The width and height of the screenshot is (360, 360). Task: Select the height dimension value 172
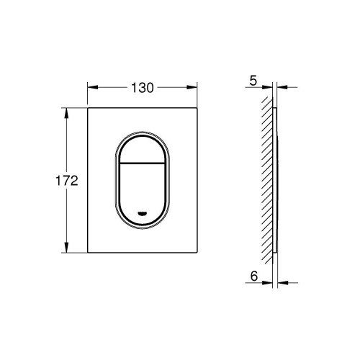[66, 180]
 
